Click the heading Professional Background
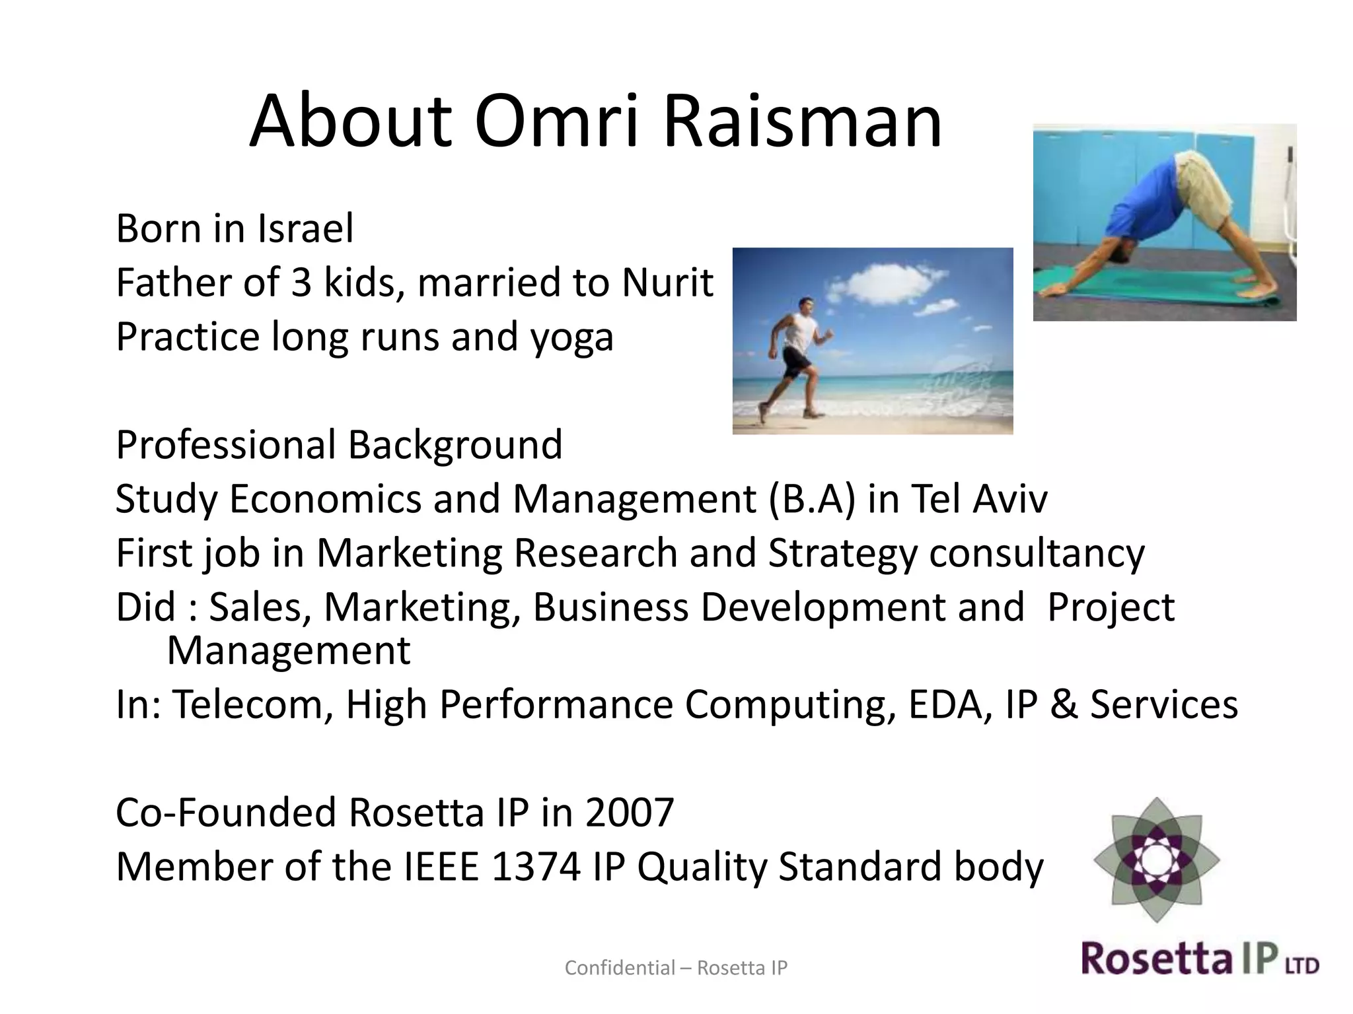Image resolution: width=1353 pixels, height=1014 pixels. [339, 444]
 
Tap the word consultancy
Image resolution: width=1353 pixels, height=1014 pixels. [1037, 553]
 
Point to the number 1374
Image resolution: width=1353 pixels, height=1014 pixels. [536, 867]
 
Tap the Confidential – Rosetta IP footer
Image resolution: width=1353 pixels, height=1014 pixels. [676, 968]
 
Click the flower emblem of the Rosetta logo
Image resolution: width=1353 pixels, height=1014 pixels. [1156, 859]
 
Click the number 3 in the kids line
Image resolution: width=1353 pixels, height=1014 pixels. [301, 283]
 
